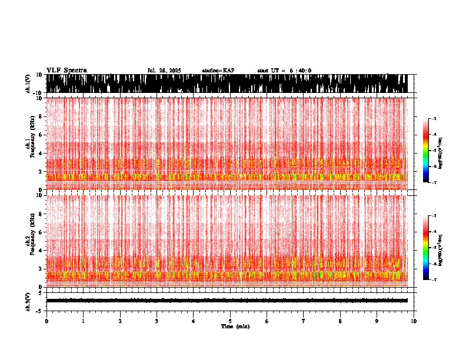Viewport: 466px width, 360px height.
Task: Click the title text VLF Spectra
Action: point(66,71)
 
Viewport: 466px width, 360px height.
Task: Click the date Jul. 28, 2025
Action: point(165,71)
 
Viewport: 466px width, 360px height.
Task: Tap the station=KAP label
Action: point(218,71)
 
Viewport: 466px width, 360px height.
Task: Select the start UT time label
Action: point(284,71)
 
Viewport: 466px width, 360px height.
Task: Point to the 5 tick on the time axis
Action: point(230,321)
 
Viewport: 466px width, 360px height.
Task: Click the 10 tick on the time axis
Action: point(414,321)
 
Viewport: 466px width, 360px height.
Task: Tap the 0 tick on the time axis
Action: point(46,321)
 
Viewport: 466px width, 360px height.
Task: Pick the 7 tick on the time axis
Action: point(304,321)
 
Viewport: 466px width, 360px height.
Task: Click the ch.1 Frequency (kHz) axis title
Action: point(31,144)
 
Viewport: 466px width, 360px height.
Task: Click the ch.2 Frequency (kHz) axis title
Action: point(31,240)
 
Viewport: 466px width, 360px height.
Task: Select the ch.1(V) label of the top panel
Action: point(28,84)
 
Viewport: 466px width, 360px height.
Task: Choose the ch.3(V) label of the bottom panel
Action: point(28,301)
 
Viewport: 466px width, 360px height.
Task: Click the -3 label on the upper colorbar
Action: point(434,119)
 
